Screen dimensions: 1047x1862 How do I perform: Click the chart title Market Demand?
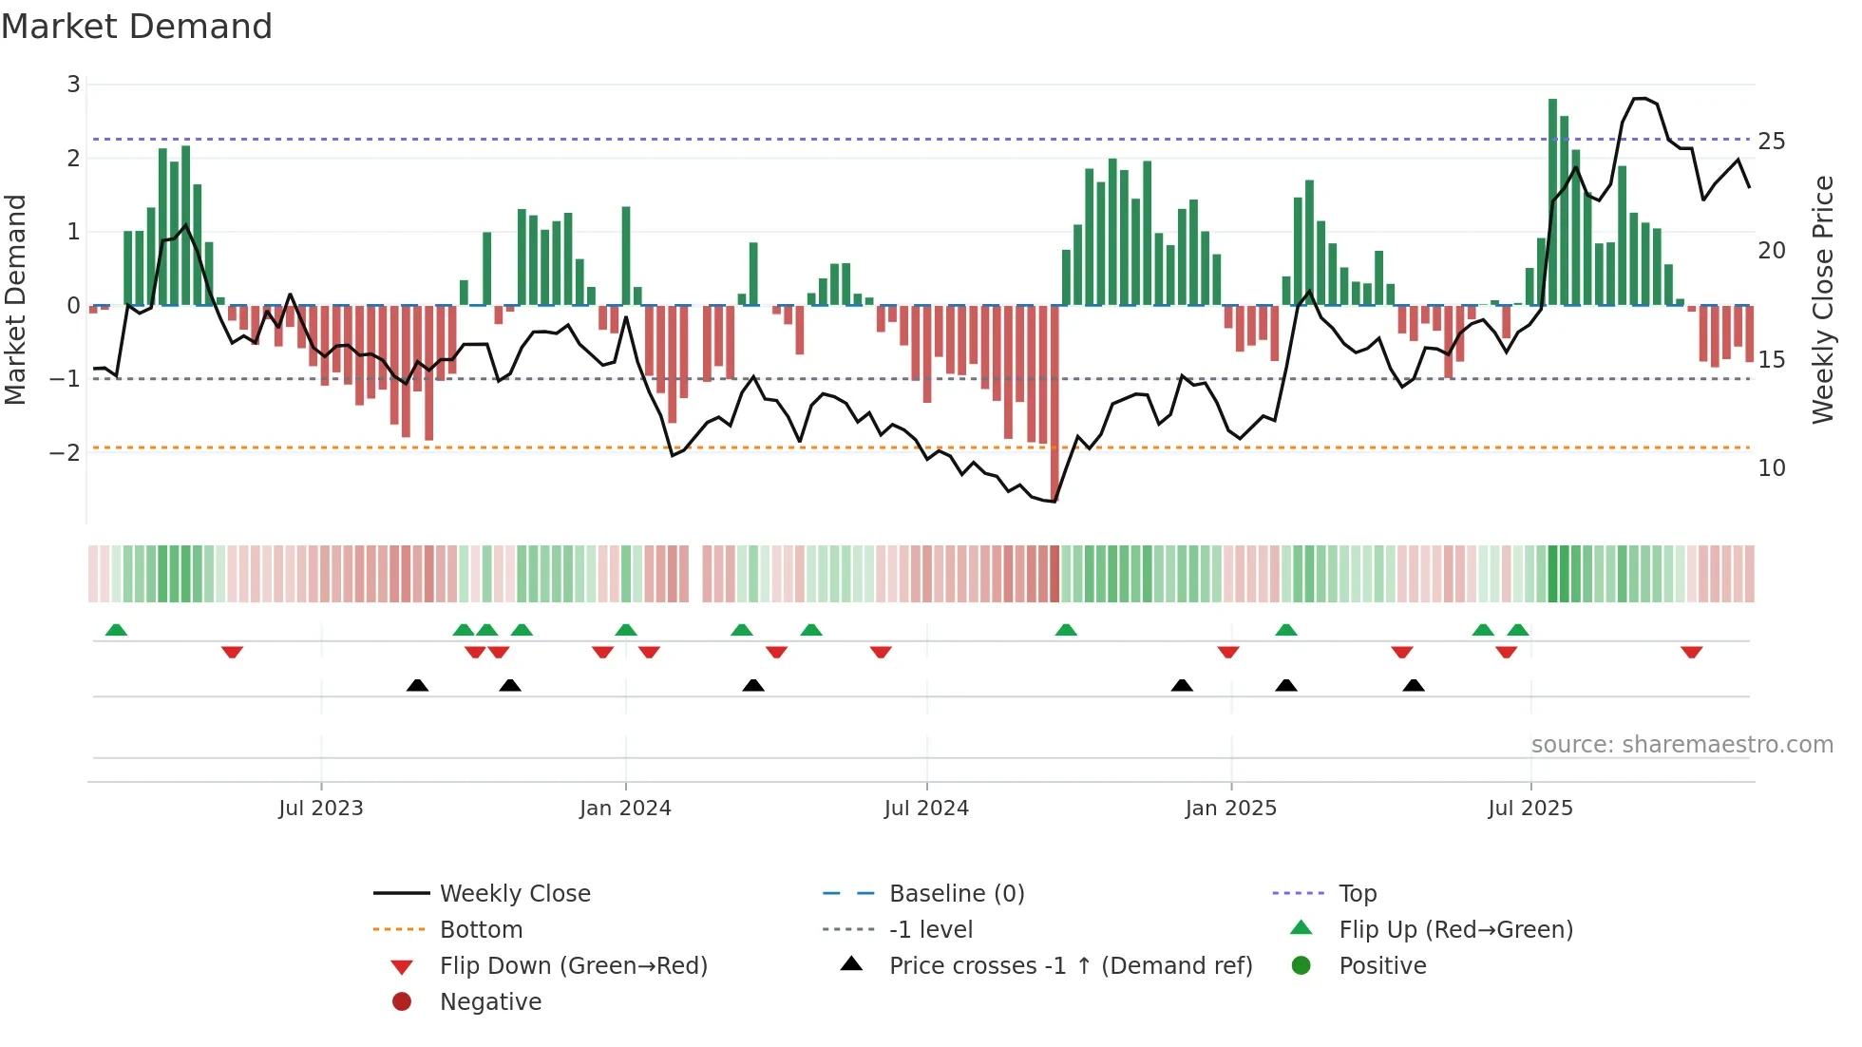(137, 27)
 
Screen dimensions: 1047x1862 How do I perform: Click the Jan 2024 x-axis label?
(625, 808)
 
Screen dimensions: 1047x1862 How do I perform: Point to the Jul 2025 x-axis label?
(1529, 808)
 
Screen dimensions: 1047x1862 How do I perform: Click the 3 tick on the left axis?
(73, 85)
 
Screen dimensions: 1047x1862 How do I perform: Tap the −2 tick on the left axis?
(65, 452)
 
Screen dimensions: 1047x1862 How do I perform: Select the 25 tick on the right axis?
(1771, 141)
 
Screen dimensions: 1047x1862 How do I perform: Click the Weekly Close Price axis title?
(1822, 299)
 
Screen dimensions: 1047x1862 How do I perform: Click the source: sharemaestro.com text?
(1681, 744)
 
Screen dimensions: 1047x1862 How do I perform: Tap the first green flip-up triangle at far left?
(116, 630)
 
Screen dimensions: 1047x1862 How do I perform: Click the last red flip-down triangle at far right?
(1691, 652)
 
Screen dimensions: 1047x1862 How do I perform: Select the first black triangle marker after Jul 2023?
(417, 685)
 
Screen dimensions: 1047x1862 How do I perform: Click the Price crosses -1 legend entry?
(1070, 965)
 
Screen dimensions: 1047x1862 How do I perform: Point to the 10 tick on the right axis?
(1771, 467)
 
